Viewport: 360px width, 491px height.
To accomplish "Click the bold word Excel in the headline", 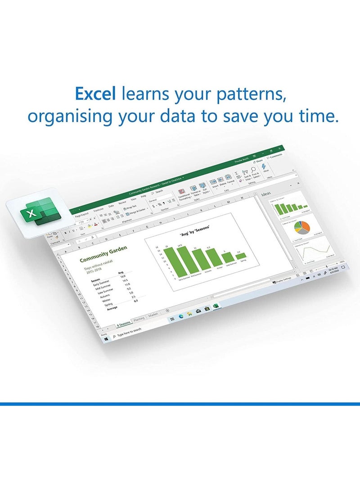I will pyautogui.click(x=95, y=95).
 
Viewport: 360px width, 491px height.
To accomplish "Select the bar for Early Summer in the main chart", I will pyautogui.click(x=169, y=263).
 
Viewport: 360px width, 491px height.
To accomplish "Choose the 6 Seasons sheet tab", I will pyautogui.click(x=123, y=323).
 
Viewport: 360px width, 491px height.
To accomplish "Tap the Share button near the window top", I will pyautogui.click(x=258, y=161).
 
